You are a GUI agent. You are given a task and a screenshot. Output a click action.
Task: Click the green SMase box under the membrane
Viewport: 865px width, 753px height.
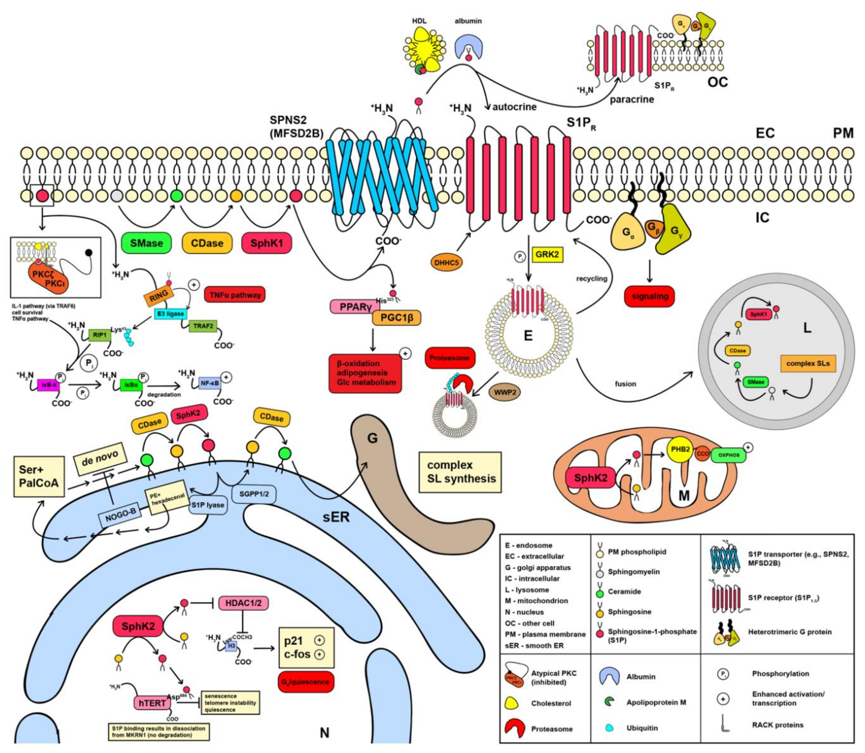click(146, 243)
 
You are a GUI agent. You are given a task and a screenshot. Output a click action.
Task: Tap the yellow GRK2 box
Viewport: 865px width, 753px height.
click(547, 255)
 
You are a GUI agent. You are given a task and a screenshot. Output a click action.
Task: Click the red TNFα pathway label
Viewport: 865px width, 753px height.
click(235, 295)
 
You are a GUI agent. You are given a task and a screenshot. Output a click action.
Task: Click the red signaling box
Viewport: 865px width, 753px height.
click(650, 296)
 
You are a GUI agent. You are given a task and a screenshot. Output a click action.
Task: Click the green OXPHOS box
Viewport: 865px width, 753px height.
click(728, 455)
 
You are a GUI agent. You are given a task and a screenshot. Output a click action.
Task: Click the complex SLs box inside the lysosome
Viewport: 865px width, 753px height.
click(807, 363)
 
